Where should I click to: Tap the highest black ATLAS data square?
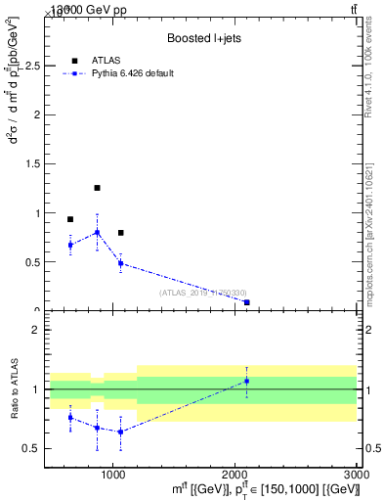(97, 188)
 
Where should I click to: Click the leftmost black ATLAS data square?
(70, 219)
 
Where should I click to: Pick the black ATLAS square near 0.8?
(120, 233)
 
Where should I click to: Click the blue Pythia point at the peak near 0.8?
(97, 232)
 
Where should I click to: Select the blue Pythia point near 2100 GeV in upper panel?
(246, 302)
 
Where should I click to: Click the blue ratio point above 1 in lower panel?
(246, 381)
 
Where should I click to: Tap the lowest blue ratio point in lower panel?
(120, 432)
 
